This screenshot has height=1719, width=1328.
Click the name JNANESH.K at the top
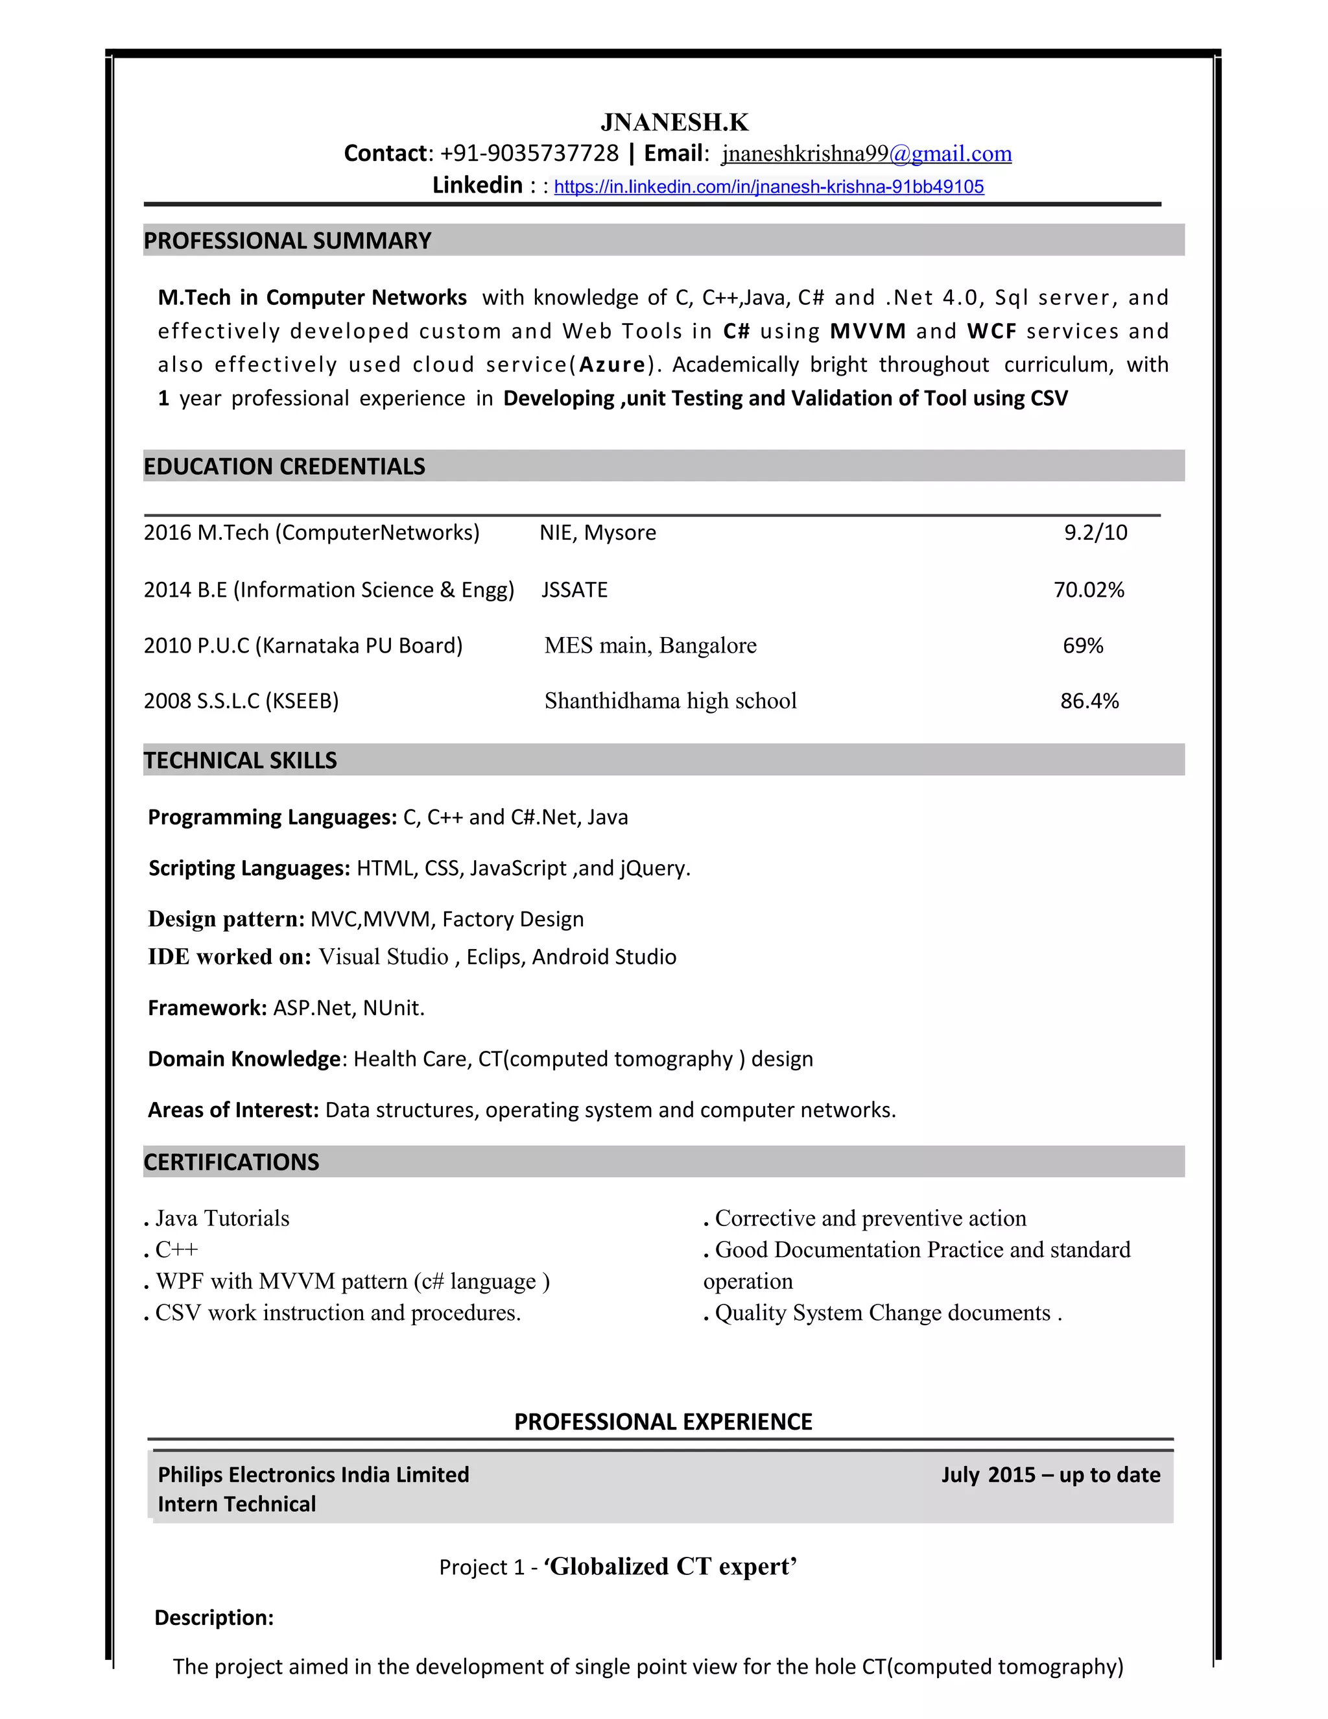point(674,122)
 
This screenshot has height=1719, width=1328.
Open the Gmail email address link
point(866,154)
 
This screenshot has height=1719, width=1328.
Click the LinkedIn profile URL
point(768,187)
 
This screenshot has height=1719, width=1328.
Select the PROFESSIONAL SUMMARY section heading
point(287,241)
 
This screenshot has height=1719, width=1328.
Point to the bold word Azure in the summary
point(612,365)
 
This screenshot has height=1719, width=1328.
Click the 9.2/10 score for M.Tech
point(1095,533)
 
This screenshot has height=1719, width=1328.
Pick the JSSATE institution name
point(575,590)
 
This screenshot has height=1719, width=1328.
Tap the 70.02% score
point(1089,590)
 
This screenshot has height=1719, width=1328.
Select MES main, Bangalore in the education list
point(650,645)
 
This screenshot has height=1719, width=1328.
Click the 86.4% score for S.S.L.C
point(1089,701)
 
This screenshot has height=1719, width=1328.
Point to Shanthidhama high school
point(670,701)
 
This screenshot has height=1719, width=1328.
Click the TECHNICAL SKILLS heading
point(240,760)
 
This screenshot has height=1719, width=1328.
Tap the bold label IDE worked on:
point(230,957)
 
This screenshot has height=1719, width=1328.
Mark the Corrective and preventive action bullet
point(870,1218)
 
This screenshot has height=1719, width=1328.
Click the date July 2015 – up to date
point(1050,1475)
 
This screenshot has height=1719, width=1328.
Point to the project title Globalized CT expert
point(670,1567)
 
